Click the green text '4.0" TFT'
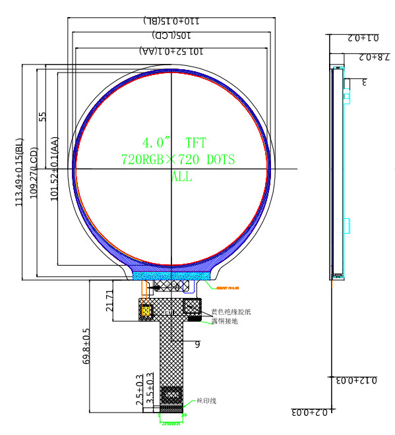point(173,142)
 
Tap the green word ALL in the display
point(183,176)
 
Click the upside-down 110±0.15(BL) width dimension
point(173,21)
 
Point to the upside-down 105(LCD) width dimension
point(173,35)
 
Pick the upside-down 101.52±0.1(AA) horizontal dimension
point(172,51)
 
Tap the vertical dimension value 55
point(43,117)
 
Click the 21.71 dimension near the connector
point(110,300)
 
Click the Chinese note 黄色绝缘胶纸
point(231,312)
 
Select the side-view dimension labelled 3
point(363,82)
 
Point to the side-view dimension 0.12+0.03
point(355,381)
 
